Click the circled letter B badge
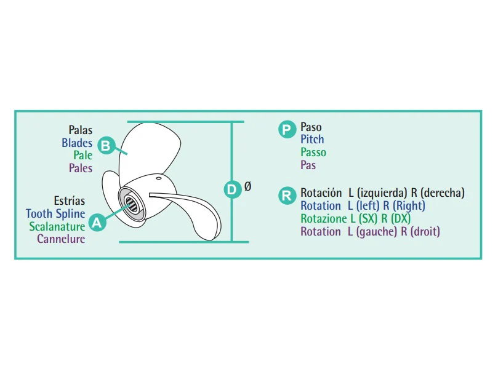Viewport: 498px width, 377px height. coord(106,145)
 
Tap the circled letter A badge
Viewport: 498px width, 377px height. coord(97,222)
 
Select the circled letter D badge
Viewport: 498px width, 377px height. coord(233,189)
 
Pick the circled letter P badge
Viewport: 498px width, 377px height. coord(287,130)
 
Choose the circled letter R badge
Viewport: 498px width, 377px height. coord(287,196)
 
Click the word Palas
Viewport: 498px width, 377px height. coord(81,130)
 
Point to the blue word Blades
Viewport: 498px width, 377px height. coord(77,143)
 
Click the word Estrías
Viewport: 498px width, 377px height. coord(70,200)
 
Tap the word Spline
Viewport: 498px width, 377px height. coord(71,214)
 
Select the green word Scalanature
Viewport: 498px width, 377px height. coord(57,226)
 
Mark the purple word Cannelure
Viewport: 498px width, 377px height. coord(61,239)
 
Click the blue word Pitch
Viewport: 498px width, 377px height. coord(313,140)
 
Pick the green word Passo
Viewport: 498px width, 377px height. coord(313,153)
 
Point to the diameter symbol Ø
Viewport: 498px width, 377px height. coord(247,186)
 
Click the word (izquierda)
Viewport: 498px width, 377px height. coord(382,193)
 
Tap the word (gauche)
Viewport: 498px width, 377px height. coord(376,232)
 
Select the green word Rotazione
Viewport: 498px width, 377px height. coord(324,219)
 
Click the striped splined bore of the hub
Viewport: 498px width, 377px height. coord(131,204)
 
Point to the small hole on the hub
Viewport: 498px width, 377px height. coord(158,178)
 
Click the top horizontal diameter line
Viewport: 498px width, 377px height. coord(186,122)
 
